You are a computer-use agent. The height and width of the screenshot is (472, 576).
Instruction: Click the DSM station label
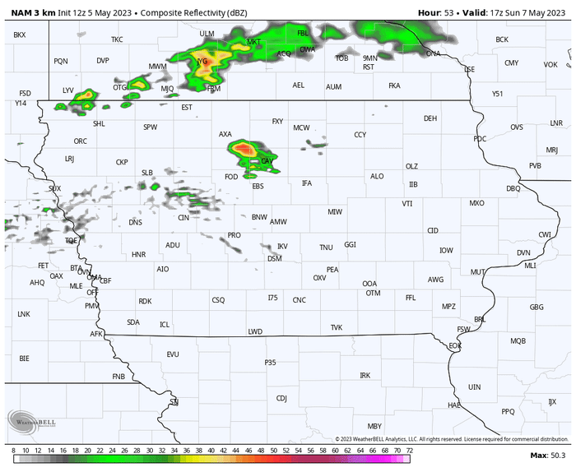coord(275,259)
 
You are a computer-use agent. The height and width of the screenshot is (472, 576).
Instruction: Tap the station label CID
coord(433,230)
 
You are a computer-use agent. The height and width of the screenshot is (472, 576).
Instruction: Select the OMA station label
coord(94,277)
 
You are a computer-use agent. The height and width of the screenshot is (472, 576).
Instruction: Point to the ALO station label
coord(377,176)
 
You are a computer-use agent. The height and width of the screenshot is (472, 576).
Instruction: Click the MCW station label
coord(301,127)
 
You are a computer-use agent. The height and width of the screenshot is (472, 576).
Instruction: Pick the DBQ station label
coord(513,188)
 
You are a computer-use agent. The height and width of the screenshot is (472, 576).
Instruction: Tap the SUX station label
coord(54,188)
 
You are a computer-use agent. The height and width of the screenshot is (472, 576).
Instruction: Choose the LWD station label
coord(255,331)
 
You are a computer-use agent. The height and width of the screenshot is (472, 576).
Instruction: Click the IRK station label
coord(365,375)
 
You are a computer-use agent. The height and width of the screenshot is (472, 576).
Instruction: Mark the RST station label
coord(369,67)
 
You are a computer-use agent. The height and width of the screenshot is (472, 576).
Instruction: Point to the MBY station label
coord(374,426)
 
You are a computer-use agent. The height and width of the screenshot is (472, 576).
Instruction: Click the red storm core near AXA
coord(243,149)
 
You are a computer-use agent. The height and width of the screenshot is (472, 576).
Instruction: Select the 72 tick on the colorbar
coord(409,451)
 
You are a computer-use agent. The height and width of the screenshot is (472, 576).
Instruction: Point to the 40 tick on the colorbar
coord(211,451)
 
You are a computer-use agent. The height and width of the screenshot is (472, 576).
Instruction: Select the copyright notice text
coord(452,439)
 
